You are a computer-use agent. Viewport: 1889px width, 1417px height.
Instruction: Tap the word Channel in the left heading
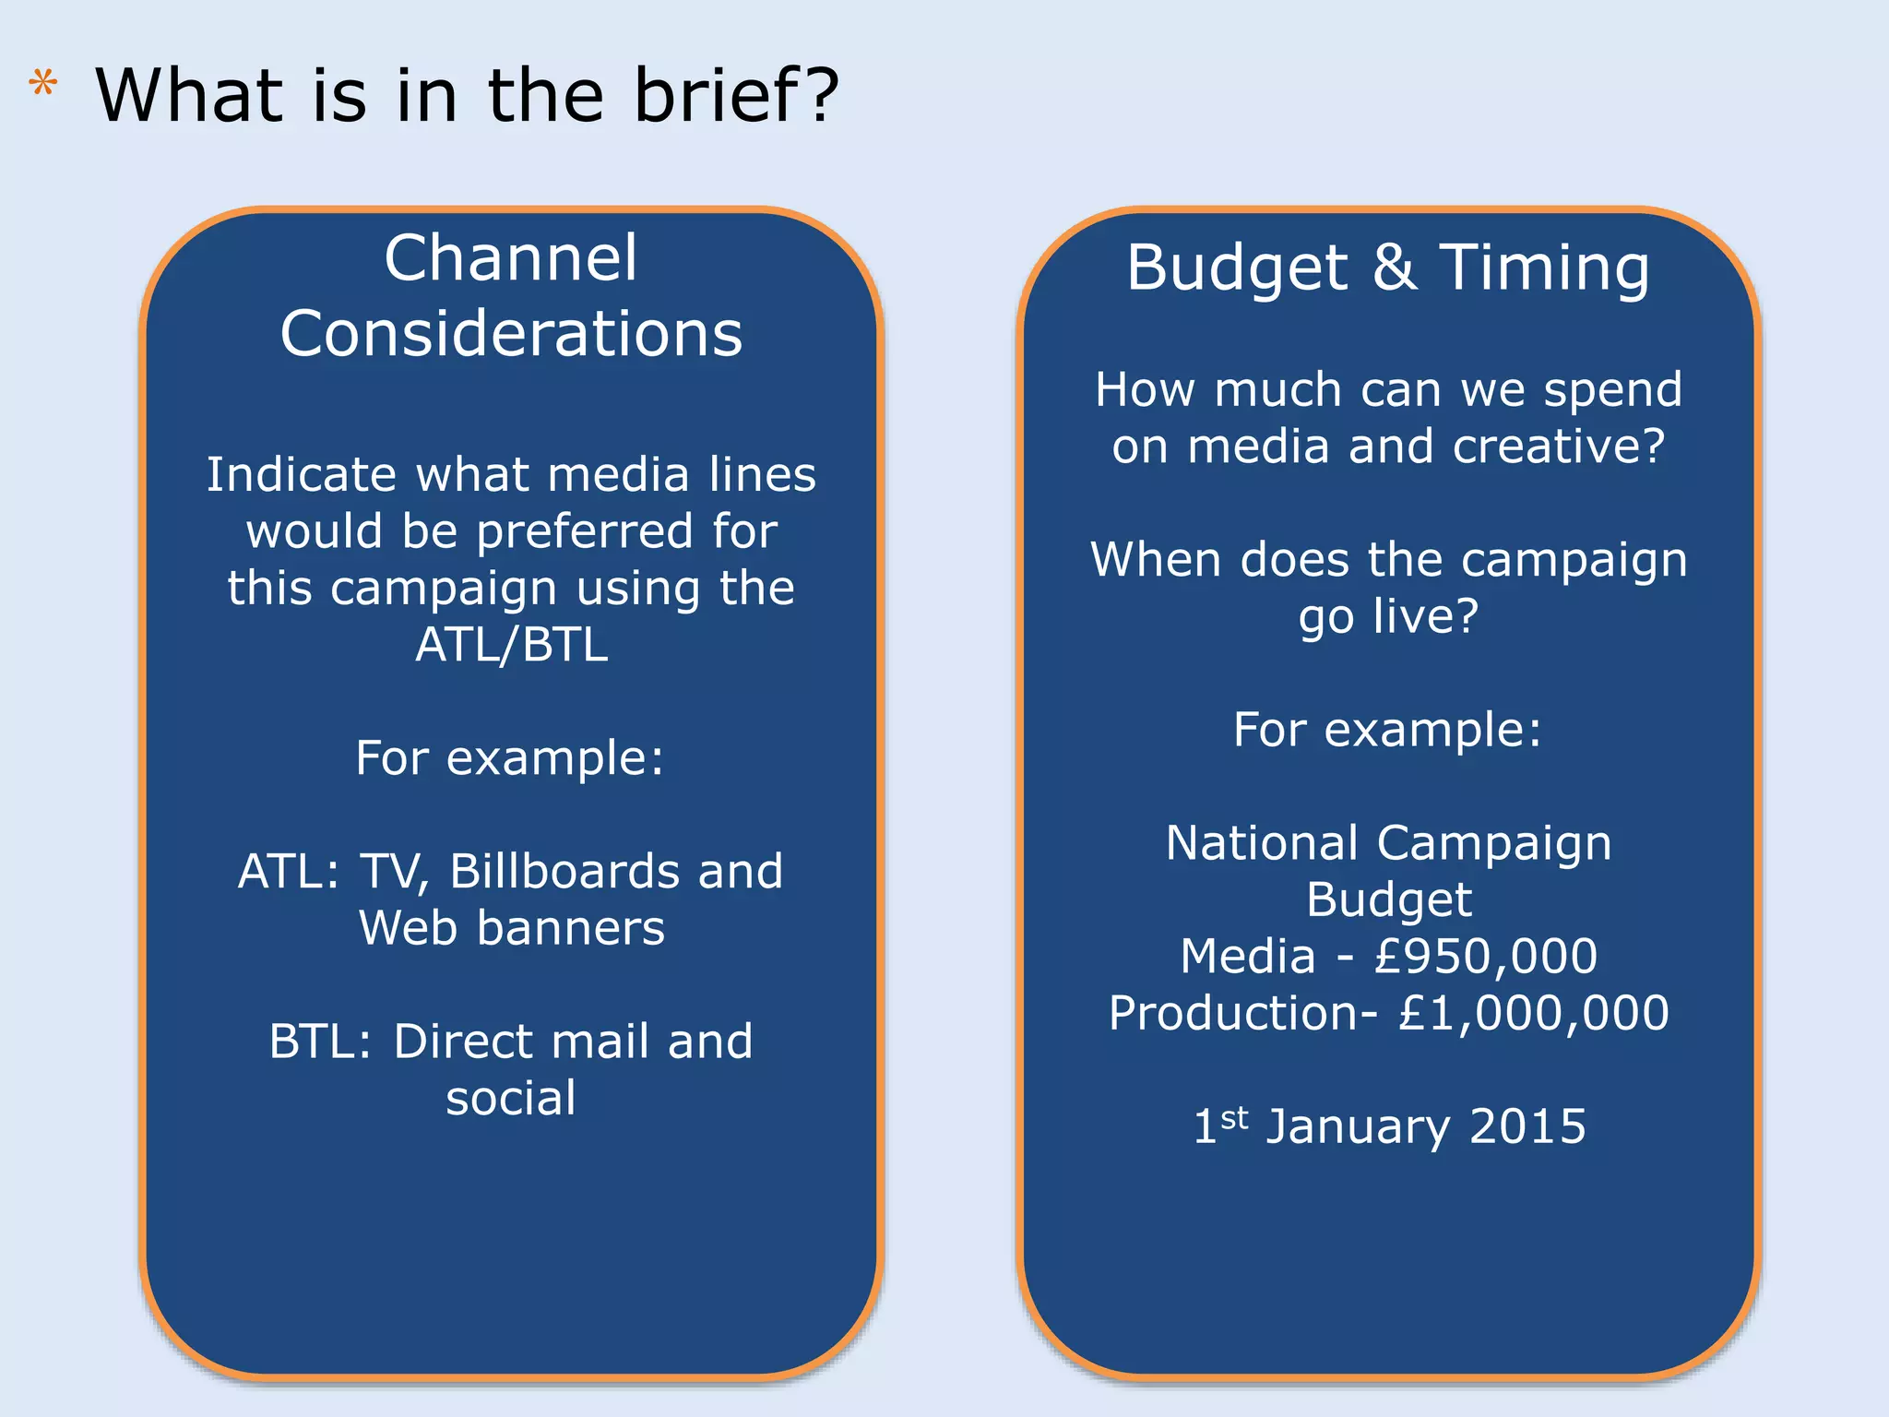[x=511, y=258]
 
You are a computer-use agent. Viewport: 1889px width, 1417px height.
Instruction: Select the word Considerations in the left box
[x=511, y=334]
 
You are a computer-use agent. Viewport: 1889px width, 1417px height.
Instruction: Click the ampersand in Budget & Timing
[x=1395, y=268]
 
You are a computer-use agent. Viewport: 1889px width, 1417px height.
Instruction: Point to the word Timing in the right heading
[x=1545, y=268]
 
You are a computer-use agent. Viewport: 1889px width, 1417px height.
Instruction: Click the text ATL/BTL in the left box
[x=511, y=645]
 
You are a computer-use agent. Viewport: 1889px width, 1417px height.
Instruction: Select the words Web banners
[x=511, y=928]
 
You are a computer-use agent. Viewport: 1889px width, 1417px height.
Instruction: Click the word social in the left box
[x=511, y=1098]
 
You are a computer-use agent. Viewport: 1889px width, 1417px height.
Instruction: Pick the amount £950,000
[x=1485, y=957]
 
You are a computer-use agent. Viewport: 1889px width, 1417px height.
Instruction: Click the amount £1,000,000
[x=1533, y=1013]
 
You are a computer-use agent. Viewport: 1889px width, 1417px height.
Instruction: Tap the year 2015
[x=1527, y=1126]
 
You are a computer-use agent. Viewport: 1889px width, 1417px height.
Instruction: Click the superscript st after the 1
[x=1234, y=1118]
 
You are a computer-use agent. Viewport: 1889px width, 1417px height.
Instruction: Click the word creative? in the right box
[x=1559, y=447]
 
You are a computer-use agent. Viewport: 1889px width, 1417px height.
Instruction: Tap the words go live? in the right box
[x=1388, y=616]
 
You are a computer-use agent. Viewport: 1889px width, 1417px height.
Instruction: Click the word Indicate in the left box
[x=302, y=475]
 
